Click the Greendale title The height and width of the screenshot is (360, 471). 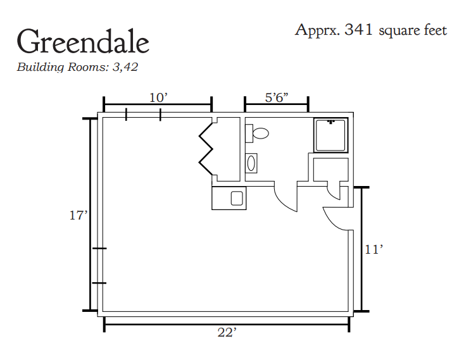pos(83,42)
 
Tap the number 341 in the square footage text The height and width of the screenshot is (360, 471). pos(359,30)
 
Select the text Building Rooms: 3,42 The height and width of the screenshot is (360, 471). pos(77,67)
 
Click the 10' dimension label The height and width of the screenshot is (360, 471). pos(158,97)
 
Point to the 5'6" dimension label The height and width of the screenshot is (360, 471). pos(277,97)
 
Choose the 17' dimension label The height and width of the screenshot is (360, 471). pos(78,215)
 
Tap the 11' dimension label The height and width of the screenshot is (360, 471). pos(374,249)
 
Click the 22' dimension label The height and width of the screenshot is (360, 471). pos(227,332)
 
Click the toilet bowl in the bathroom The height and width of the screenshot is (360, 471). pos(261,133)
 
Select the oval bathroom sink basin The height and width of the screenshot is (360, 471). pos(251,164)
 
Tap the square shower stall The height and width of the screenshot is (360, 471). pos(330,135)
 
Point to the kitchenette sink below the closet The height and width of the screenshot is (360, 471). pos(237,199)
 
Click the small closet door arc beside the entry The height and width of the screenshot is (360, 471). pos(332,194)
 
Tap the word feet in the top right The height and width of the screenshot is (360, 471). pos(435,30)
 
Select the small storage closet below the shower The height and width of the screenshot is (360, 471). pos(330,170)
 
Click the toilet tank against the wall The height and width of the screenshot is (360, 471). pos(249,133)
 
